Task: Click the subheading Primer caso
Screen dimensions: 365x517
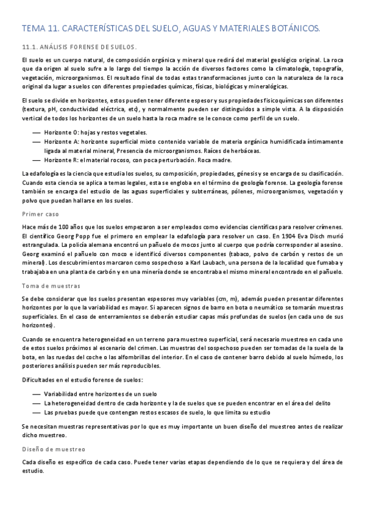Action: coord(40,214)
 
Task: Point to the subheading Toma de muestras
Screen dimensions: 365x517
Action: coord(50,286)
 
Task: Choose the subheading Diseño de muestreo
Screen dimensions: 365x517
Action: coord(54,449)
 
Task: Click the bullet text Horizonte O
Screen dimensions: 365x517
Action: coord(61,132)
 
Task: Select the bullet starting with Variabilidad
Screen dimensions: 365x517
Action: coord(100,394)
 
